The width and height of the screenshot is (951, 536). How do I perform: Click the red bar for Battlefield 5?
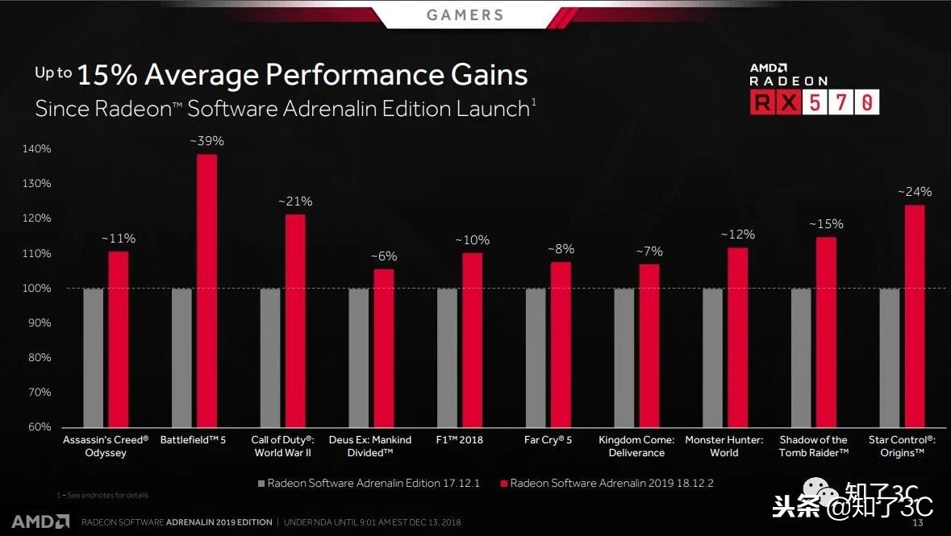[206, 291]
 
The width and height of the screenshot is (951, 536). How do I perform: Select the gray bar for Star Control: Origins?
[889, 358]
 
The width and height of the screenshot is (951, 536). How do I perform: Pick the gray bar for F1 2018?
[447, 358]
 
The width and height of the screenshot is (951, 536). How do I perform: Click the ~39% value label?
[206, 141]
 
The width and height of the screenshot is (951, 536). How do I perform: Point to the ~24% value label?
[915, 192]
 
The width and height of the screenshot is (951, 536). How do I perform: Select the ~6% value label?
[384, 256]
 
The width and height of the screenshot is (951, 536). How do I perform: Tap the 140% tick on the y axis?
[35, 149]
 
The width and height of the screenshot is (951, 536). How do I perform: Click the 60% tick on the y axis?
[38, 427]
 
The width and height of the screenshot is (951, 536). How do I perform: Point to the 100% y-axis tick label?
[35, 289]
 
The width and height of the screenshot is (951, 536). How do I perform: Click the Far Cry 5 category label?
[548, 440]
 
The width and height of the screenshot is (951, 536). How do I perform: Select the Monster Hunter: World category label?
[724, 447]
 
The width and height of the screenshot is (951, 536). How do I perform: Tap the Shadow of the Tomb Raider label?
[813, 447]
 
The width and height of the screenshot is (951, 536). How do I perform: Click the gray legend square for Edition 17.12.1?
[261, 484]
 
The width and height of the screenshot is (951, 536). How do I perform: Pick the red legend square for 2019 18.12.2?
[504, 484]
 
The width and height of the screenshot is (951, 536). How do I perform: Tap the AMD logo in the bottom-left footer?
[40, 521]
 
